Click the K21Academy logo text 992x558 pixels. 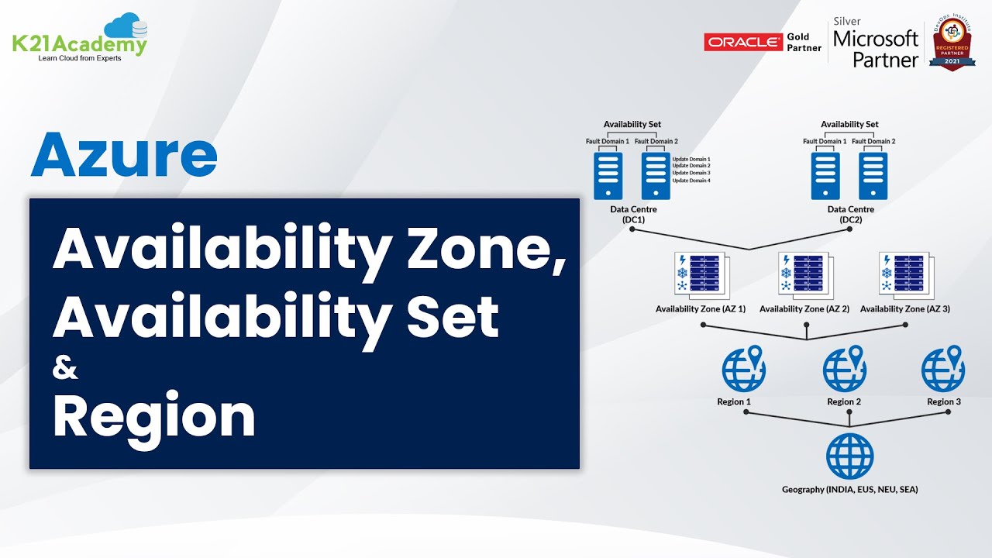pyautogui.click(x=79, y=44)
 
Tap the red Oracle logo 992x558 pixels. pyautogui.click(x=743, y=42)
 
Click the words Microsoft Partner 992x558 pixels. pyautogui.click(x=875, y=48)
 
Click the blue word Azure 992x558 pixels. pyautogui.click(x=124, y=155)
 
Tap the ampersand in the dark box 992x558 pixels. pyautogui.click(x=65, y=369)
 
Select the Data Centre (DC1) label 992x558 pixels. pyautogui.click(x=633, y=215)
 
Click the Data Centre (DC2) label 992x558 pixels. pyautogui.click(x=850, y=215)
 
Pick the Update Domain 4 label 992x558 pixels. pyautogui.click(x=691, y=181)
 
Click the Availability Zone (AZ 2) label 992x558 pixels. pyautogui.click(x=804, y=309)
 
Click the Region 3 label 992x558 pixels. pyautogui.click(x=944, y=401)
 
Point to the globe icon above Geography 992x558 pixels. pyautogui.click(x=849, y=456)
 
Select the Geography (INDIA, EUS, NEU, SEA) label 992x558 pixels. pyautogui.click(x=849, y=489)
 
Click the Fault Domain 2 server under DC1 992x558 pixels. pyautogui.click(x=656, y=175)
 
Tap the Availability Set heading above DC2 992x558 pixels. pyautogui.click(x=849, y=124)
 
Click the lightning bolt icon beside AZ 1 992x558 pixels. pyautogui.click(x=681, y=260)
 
